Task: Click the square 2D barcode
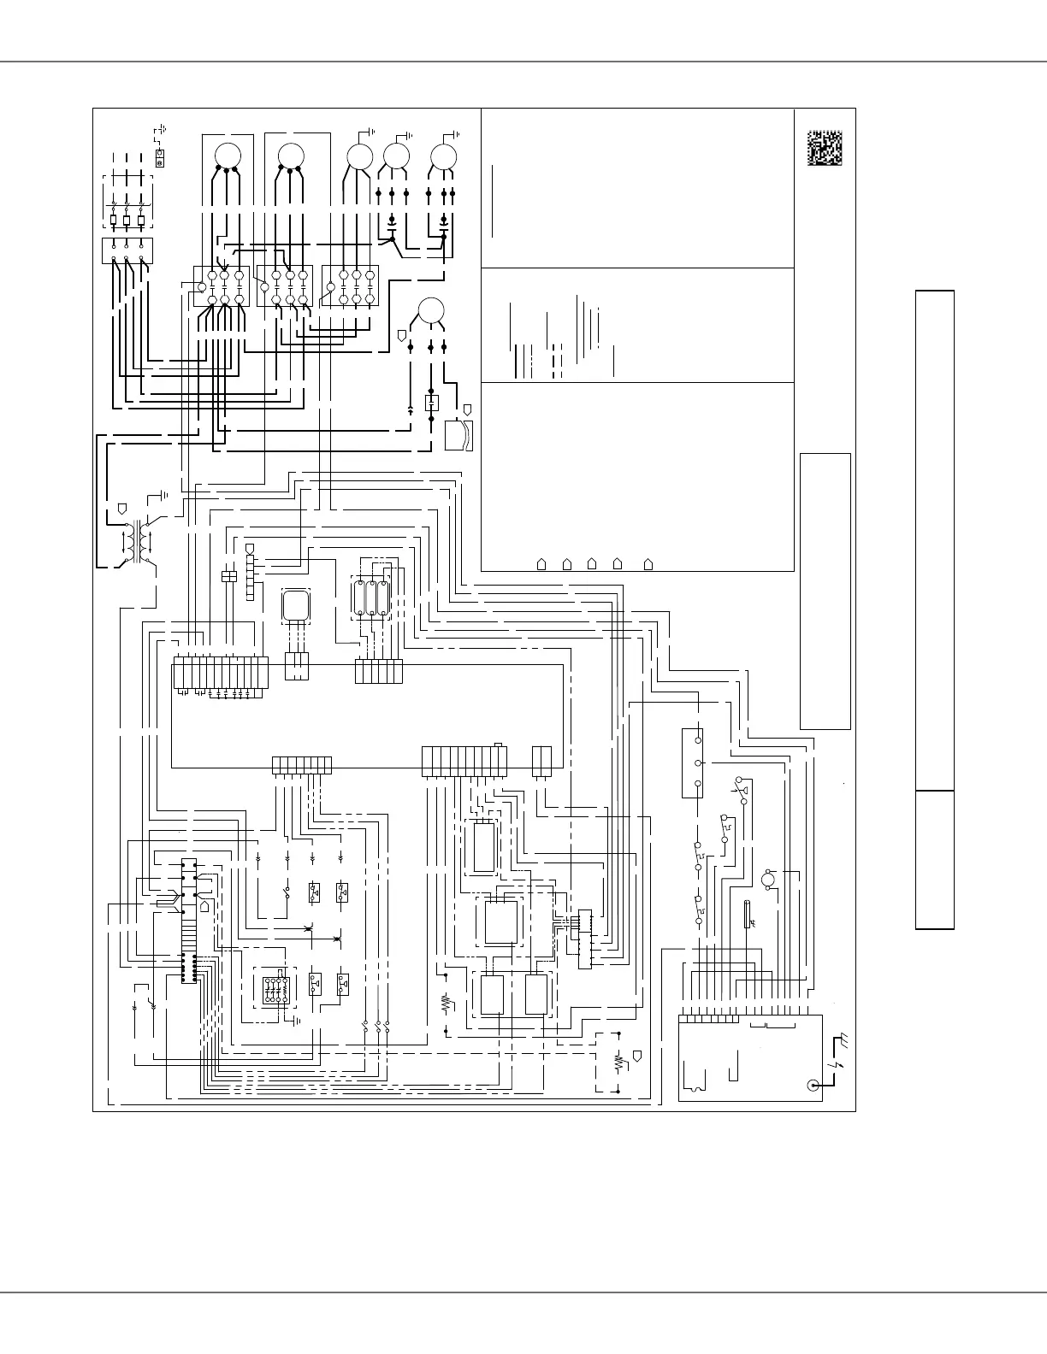coord(825,148)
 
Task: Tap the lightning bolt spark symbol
coord(837,1068)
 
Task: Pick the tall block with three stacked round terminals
coord(692,762)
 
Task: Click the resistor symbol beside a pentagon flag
coord(618,1063)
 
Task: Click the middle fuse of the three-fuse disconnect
coord(127,220)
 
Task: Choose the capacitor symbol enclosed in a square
coord(432,402)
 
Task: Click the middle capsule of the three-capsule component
coord(370,598)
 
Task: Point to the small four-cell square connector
coord(228,577)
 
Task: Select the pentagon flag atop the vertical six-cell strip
coord(250,548)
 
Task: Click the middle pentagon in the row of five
coord(592,563)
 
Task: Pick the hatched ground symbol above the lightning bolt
coord(843,1040)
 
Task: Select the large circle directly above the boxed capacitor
coord(431,309)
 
